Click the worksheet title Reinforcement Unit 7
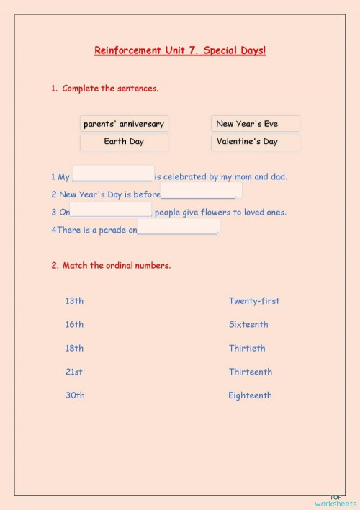click(180, 51)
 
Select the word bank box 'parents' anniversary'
click(124, 124)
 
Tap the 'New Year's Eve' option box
click(256, 124)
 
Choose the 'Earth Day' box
click(124, 142)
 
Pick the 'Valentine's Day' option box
click(256, 142)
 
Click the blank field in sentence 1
click(113, 175)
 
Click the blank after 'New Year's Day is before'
click(201, 192)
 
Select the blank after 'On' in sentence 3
click(111, 210)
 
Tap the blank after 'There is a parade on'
click(178, 228)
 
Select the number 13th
click(74, 301)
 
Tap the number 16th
click(74, 325)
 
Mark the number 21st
click(74, 372)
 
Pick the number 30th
click(75, 395)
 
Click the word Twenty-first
click(254, 301)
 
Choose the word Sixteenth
click(248, 325)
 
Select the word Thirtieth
click(247, 349)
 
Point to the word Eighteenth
click(251, 395)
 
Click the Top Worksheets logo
click(336, 501)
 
